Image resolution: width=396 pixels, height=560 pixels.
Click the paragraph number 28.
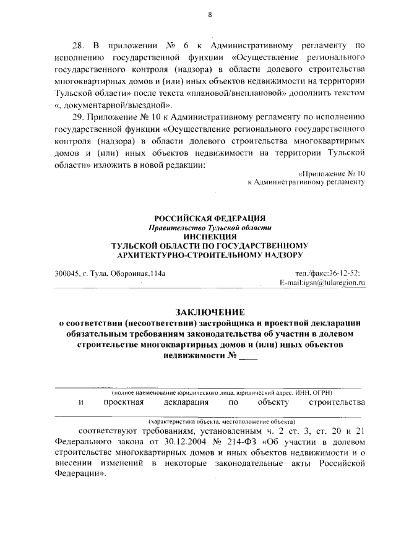(x=79, y=45)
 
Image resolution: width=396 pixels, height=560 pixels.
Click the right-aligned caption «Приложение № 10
(x=332, y=174)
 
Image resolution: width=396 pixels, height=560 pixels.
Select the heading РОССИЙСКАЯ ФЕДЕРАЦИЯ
(x=210, y=218)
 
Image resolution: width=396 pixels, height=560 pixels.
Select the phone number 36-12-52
(x=346, y=273)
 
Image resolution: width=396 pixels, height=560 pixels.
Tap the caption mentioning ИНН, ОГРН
(x=222, y=393)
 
